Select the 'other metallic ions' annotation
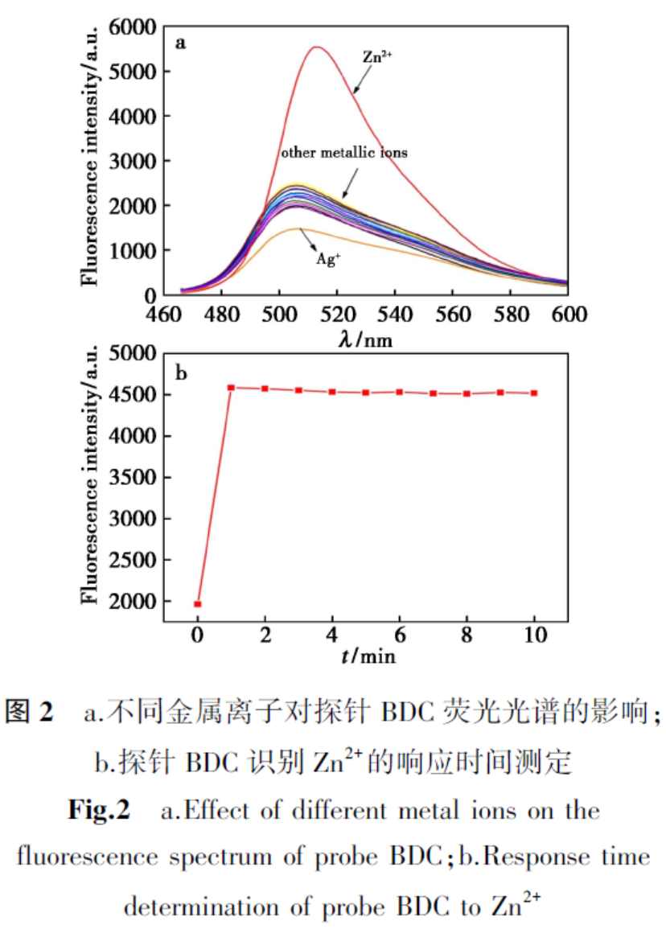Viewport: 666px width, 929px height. pos(343,152)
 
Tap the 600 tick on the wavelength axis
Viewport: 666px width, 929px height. pos(567,314)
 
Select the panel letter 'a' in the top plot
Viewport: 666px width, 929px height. pos(182,43)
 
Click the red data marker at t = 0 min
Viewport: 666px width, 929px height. pos(197,604)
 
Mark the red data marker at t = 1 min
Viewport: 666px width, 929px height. pos(231,388)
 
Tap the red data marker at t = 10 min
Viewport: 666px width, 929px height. pos(534,393)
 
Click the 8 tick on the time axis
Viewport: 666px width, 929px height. pos(467,635)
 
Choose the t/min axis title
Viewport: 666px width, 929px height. pos(367,656)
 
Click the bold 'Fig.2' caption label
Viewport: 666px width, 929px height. pos(99,810)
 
